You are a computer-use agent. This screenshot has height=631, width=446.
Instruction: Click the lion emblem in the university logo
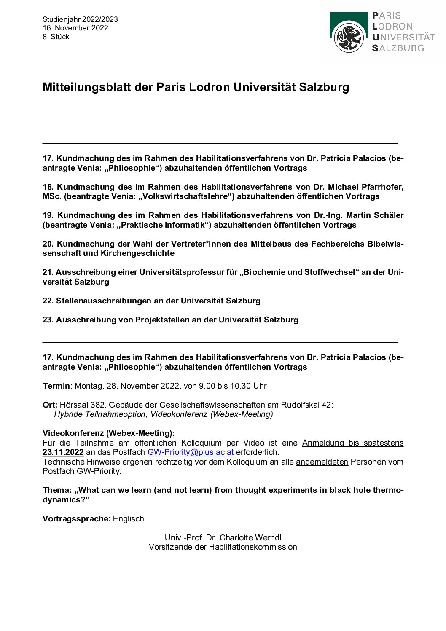coord(349,38)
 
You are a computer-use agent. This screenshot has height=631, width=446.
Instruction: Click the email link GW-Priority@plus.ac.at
coord(190,452)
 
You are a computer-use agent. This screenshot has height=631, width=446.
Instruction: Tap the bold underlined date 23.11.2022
coord(63,452)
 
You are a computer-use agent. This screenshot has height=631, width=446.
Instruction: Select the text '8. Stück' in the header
coord(56,37)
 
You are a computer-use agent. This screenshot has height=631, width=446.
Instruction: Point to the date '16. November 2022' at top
coord(75,28)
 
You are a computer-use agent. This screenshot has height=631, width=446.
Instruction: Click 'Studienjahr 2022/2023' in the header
coord(80,19)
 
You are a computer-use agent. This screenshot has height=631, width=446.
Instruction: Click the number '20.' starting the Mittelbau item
coord(48,244)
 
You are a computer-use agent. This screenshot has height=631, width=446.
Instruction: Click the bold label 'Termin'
coord(56,386)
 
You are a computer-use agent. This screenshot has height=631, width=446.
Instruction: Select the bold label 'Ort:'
coord(50,405)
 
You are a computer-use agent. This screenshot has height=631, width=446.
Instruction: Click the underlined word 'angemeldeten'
coord(322,462)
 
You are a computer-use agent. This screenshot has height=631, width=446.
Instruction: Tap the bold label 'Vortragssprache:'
coord(76,519)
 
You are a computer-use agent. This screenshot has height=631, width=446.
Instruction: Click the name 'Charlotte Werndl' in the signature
coord(250,538)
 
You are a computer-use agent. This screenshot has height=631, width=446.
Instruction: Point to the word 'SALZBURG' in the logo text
coord(398,48)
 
